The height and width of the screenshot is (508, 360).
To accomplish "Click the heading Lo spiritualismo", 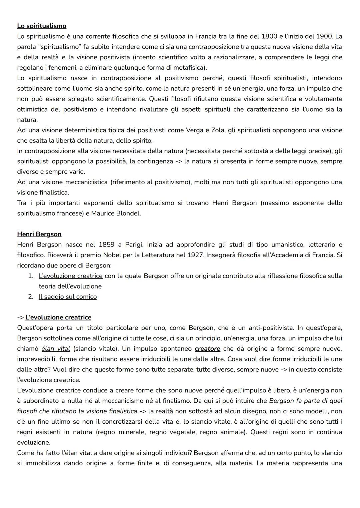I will coord(42,26).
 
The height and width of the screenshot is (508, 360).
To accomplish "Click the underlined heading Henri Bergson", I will coord(39,234).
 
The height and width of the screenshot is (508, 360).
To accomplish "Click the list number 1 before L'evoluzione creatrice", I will coord(31,276).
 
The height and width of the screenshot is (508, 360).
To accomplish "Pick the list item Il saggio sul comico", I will coord(68,297).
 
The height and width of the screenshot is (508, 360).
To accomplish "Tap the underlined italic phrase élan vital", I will coord(56,349).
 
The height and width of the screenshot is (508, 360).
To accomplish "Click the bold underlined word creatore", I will coord(207,349).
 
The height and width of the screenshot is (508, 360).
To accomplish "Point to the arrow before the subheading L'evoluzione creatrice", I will coord(20,317).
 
